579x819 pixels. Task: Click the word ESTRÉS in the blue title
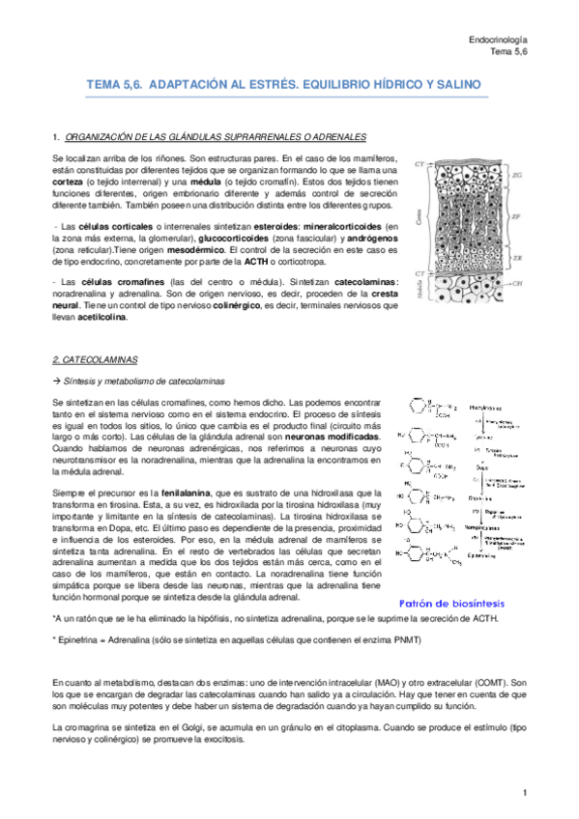click(270, 86)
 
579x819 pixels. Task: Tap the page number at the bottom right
click(523, 793)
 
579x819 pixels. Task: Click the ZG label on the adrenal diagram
click(519, 175)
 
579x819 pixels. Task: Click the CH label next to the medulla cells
click(519, 284)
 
